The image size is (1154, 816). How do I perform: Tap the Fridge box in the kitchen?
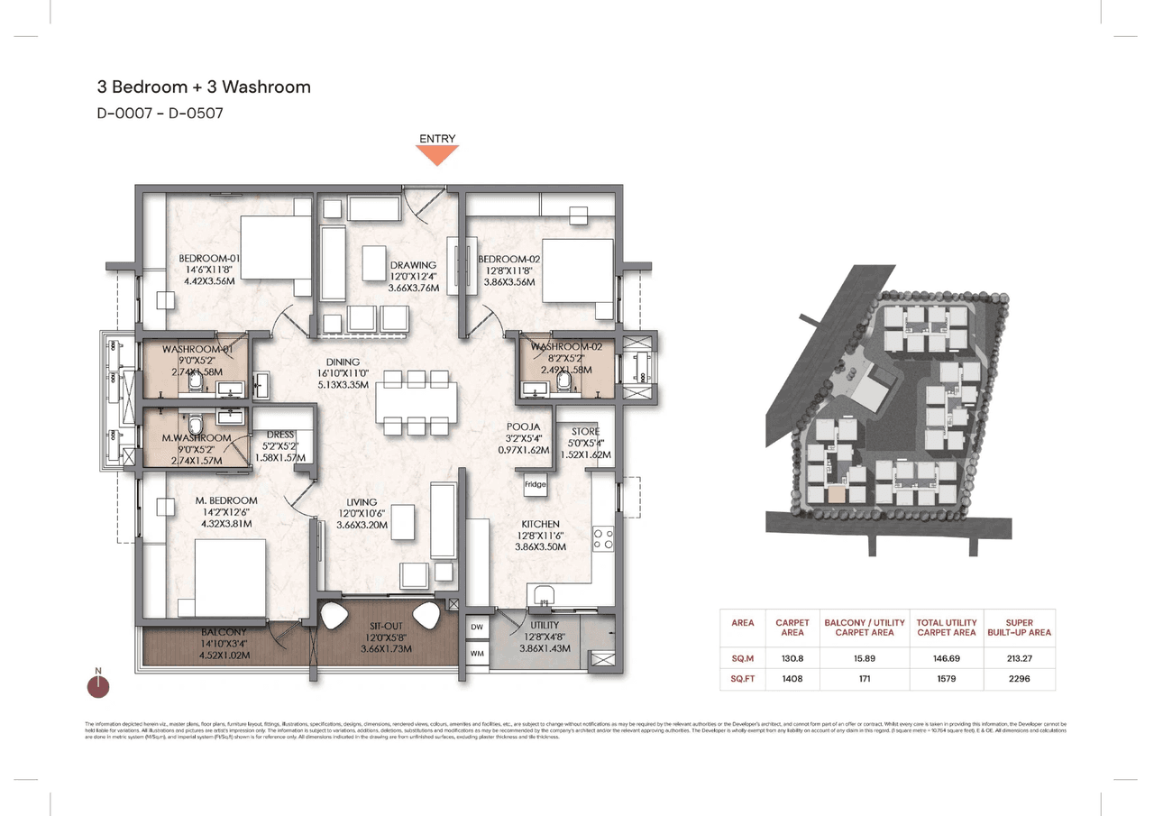(x=536, y=485)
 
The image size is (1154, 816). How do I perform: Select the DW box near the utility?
(x=476, y=626)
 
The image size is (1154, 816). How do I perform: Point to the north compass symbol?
(x=98, y=686)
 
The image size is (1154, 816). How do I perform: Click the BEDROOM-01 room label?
(x=209, y=258)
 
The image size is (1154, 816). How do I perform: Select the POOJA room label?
(x=523, y=426)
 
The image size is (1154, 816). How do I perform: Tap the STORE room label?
(x=585, y=433)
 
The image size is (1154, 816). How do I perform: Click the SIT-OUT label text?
(x=386, y=626)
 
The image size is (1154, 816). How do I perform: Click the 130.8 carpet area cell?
(x=792, y=659)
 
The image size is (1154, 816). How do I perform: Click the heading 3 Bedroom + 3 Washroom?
(x=204, y=87)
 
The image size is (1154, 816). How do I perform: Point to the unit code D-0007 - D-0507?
(x=160, y=114)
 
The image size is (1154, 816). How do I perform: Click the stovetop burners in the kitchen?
(x=602, y=539)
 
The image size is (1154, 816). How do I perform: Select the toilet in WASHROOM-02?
(x=564, y=383)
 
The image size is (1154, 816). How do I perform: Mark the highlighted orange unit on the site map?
(x=838, y=494)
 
